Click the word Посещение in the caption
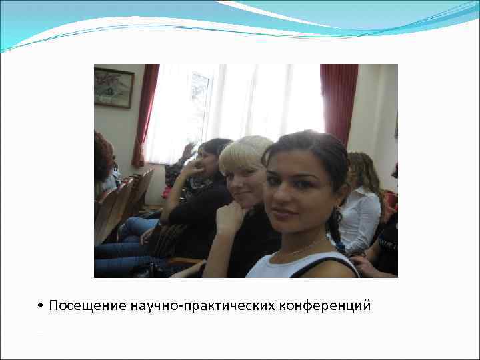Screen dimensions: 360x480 (x=87, y=306)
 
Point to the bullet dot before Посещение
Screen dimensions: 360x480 (x=41, y=307)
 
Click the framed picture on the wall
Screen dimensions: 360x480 (x=113, y=87)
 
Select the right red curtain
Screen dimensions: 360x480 (x=338, y=100)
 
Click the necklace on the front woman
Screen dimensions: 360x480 (x=303, y=248)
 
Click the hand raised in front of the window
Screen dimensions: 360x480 (x=189, y=152)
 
